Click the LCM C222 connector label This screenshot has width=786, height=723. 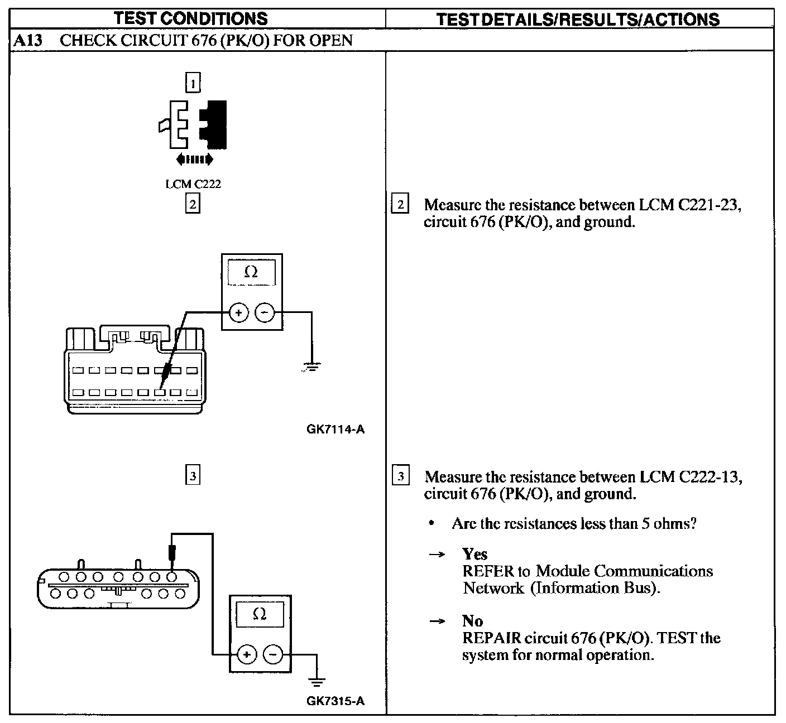[193, 184]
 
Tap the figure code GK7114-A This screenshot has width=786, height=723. [336, 429]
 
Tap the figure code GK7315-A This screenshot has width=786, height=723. [336, 701]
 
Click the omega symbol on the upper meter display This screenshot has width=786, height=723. [251, 272]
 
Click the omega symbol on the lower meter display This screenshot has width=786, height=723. [260, 614]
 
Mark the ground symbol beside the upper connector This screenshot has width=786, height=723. [311, 367]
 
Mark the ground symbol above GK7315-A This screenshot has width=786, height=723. [317, 681]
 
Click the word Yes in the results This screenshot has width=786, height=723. [475, 554]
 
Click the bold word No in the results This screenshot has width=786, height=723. [472, 621]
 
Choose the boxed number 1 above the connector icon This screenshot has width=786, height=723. [193, 83]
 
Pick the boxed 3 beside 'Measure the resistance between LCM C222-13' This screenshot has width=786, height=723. [401, 476]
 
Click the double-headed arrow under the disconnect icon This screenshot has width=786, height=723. [194, 160]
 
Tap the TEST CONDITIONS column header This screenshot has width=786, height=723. [191, 18]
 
